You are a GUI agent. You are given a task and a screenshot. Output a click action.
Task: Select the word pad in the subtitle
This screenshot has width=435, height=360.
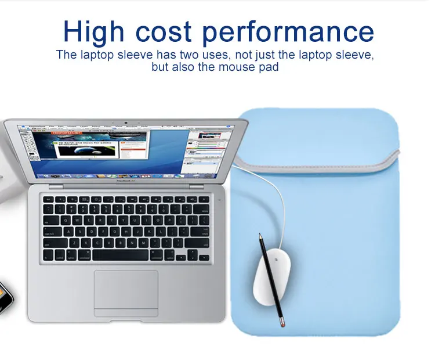(269, 67)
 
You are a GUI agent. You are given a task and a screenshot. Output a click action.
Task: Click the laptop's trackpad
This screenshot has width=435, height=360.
(126, 290)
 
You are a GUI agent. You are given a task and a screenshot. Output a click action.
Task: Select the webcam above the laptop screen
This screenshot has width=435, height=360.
(126, 123)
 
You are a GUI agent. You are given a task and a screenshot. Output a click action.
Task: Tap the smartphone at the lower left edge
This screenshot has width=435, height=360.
(5, 296)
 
